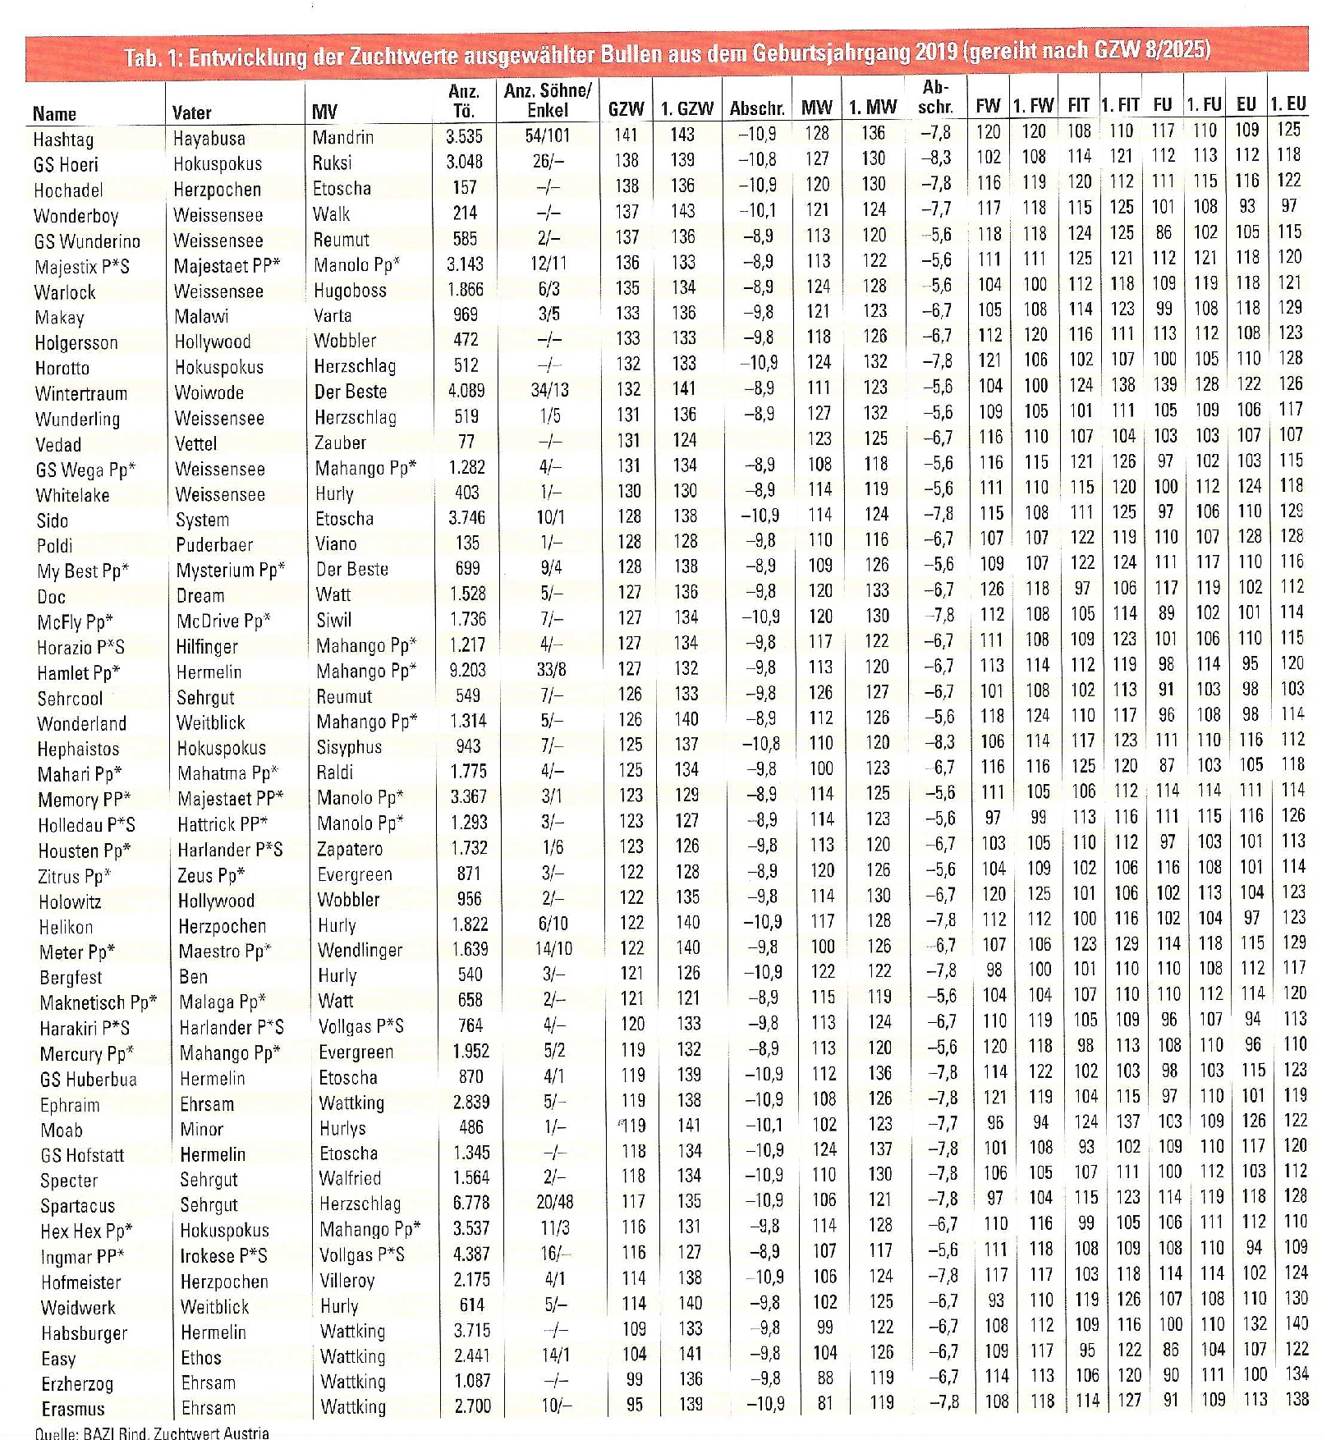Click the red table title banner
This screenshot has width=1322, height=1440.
pyautogui.click(x=667, y=53)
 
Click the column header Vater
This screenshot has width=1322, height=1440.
pyautogui.click(x=191, y=112)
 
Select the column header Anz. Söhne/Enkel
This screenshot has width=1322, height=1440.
pyautogui.click(x=547, y=100)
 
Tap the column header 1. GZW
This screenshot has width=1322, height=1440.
pyautogui.click(x=687, y=108)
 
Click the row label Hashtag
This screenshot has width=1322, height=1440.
pyautogui.click(x=63, y=139)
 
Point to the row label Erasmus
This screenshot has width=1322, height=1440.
pyautogui.click(x=72, y=1409)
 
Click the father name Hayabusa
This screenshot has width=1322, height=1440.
pyautogui.click(x=209, y=138)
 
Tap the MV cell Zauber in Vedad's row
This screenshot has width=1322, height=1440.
pyautogui.click(x=340, y=443)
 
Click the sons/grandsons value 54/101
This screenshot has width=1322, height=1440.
pyautogui.click(x=547, y=135)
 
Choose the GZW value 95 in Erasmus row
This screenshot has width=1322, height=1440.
pyautogui.click(x=634, y=1404)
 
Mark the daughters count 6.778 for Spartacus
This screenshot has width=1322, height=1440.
pyautogui.click(x=471, y=1202)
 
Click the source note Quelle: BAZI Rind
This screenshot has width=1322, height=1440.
pyautogui.click(x=151, y=1433)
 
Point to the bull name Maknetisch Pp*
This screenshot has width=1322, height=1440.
pyautogui.click(x=98, y=1002)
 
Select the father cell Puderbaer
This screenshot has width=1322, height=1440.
pyautogui.click(x=214, y=544)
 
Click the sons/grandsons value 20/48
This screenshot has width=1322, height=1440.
pyautogui.click(x=554, y=1202)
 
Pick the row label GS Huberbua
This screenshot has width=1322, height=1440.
pyautogui.click(x=88, y=1079)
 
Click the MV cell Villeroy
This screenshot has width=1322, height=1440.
pyautogui.click(x=347, y=1280)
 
